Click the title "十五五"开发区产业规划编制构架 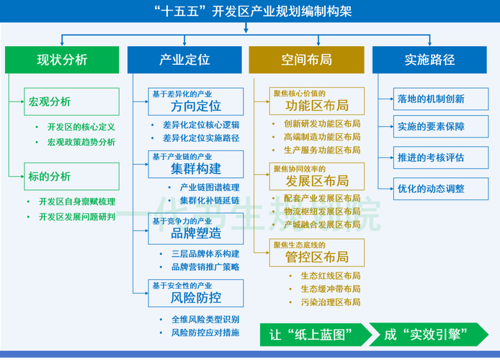tap(250, 11)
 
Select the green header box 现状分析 tap(62, 59)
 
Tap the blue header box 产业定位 tap(184, 59)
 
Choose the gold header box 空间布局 tap(307, 59)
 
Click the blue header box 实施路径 tap(429, 59)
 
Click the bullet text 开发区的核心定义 tap(81, 127)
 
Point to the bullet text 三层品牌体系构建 tap(205, 253)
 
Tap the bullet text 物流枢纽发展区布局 tap(322, 211)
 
